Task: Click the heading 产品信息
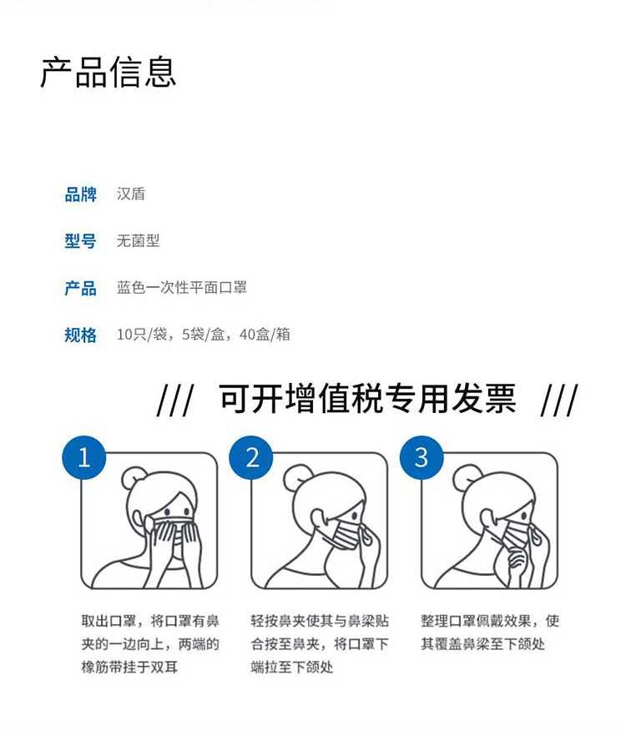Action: [x=109, y=72]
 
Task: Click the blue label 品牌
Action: [x=81, y=194]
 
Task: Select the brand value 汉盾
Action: [x=131, y=194]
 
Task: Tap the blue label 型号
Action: [x=81, y=241]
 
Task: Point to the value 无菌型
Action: [x=138, y=241]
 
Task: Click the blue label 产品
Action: [x=81, y=288]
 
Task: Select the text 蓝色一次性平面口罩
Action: [x=181, y=288]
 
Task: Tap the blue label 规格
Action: [x=81, y=335]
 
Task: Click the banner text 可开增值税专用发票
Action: [x=367, y=400]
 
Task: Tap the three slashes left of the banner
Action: [x=174, y=401]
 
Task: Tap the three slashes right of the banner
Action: [x=558, y=401]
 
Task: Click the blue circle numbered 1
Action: [x=83, y=457]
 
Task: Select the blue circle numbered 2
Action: [x=252, y=457]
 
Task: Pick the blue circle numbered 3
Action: [x=422, y=457]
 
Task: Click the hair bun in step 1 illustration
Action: [x=134, y=478]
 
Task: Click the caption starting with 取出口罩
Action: [x=150, y=644]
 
